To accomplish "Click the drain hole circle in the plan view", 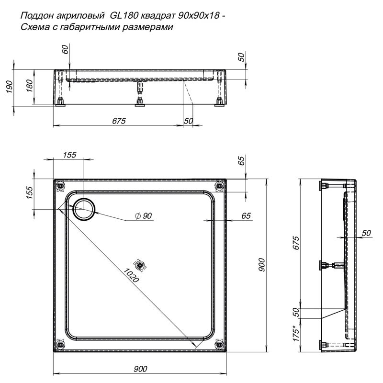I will pos(84,209).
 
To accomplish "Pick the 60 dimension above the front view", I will pos(66,49).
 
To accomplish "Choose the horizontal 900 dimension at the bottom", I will pos(139,368).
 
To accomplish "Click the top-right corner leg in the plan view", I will pos(219,185).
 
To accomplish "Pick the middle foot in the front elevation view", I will pos(139,101).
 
